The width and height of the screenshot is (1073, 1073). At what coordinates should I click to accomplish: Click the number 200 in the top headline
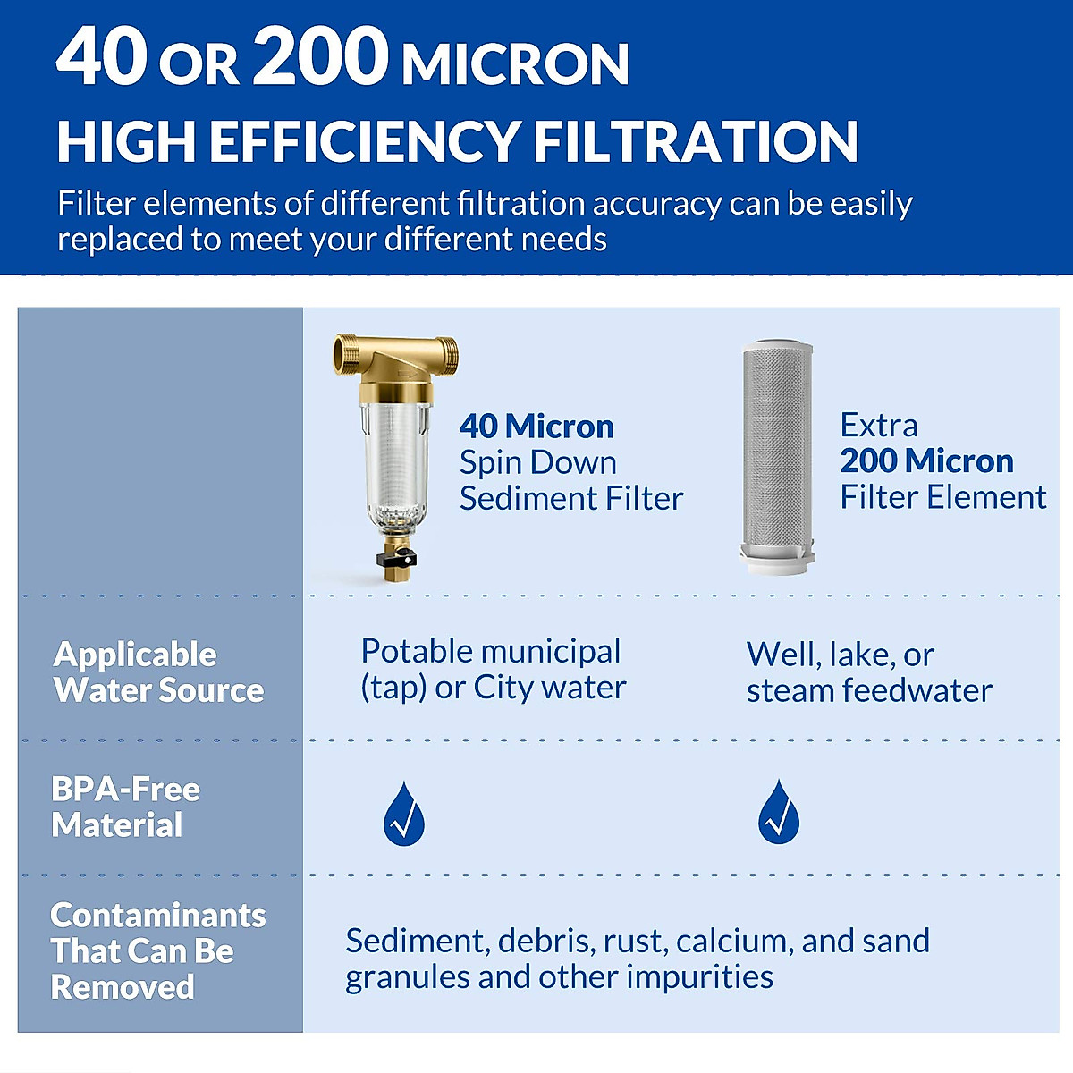click(321, 57)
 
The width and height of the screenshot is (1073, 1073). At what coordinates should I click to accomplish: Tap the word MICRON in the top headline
click(516, 64)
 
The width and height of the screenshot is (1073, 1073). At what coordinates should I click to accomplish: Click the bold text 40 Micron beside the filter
click(536, 427)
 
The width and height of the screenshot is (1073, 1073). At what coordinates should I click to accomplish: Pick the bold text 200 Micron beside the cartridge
click(926, 460)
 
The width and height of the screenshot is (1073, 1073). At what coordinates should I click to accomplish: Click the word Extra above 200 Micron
click(879, 425)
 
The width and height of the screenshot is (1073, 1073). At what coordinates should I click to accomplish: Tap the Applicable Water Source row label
click(158, 672)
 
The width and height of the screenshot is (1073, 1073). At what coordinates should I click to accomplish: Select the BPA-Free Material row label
click(125, 807)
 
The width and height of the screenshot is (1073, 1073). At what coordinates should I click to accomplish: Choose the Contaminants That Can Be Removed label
click(157, 951)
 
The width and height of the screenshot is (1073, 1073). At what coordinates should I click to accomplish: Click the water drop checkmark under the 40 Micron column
click(404, 814)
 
